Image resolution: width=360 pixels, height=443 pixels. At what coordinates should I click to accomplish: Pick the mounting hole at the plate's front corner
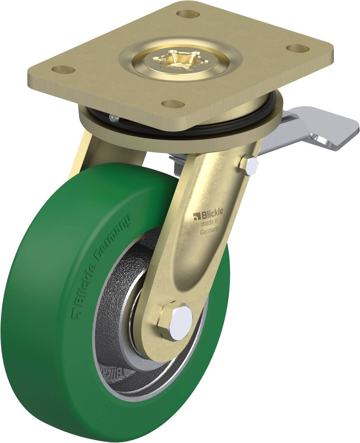click(x=173, y=103)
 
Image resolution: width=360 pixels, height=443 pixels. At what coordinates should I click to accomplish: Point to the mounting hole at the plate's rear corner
click(x=188, y=14)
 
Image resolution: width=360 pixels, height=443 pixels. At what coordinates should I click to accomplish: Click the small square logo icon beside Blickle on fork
click(x=196, y=217)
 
